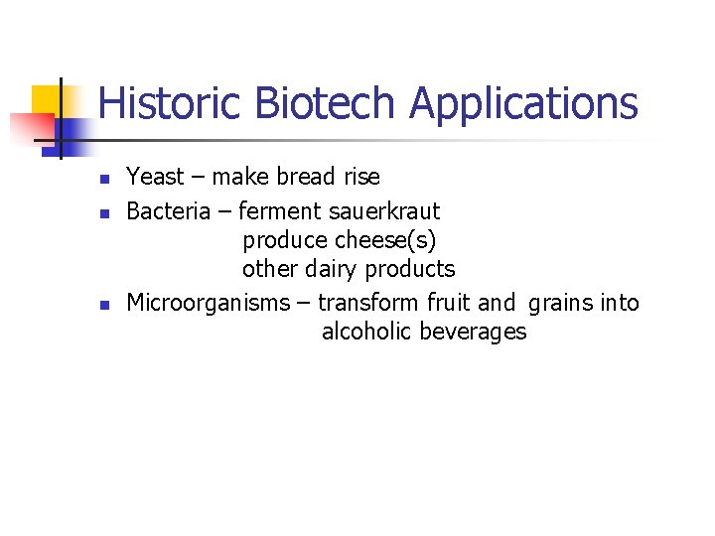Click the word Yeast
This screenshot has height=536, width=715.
point(155,177)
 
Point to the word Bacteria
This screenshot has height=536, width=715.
point(168,211)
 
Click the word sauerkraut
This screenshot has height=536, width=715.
point(384,211)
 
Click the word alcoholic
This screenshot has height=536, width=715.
point(366,332)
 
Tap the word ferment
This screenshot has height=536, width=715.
point(281,211)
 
